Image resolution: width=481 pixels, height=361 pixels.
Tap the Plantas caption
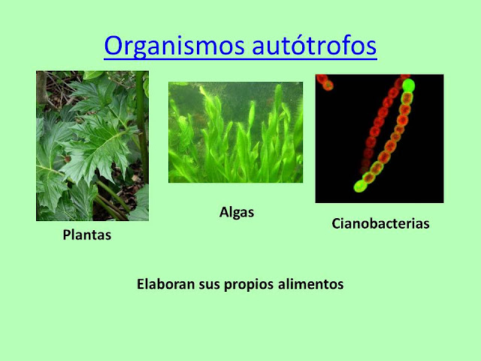pos(86,235)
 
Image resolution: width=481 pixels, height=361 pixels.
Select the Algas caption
pos(236,212)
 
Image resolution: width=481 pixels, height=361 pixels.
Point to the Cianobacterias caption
pos(380,223)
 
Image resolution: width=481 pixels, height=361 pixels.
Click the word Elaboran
pos(163,285)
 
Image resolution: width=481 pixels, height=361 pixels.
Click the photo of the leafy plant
pos(92,146)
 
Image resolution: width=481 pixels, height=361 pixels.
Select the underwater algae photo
pos(235,132)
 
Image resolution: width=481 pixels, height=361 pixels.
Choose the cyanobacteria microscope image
pos(380,138)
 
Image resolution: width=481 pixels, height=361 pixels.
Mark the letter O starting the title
pos(113,46)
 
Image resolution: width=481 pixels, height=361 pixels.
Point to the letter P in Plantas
pos(66,235)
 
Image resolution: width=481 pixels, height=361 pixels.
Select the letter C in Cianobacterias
pos(336,223)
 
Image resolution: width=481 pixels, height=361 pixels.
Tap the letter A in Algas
pos(223,212)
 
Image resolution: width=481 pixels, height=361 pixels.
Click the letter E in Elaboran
pos(141,285)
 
